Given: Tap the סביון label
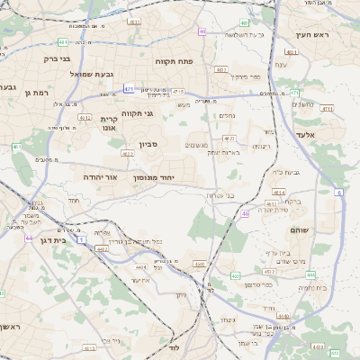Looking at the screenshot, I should tap(148, 144).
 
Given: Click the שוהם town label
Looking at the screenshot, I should tap(299, 230).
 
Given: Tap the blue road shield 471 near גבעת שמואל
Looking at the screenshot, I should tap(130, 89).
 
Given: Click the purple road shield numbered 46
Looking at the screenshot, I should tap(245, 214).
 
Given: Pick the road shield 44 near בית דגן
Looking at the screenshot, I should tap(29, 238).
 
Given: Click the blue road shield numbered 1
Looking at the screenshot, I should tap(82, 239).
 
